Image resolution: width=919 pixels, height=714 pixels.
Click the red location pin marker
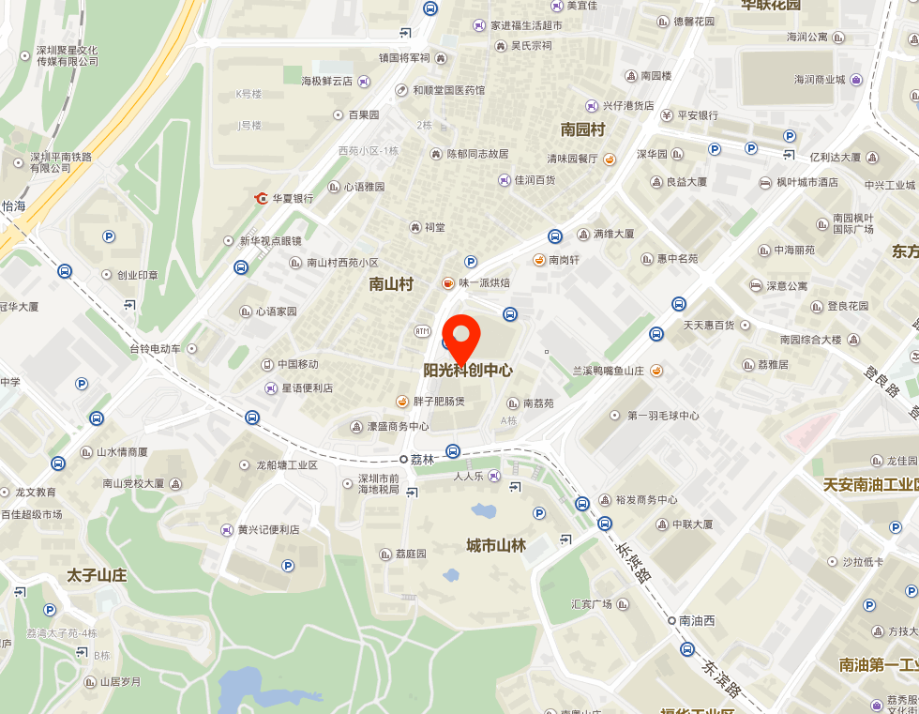pos(460,335)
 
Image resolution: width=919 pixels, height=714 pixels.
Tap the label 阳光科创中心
pos(468,371)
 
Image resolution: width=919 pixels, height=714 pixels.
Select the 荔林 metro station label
pos(423,460)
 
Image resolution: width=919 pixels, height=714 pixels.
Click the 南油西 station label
pos(697,620)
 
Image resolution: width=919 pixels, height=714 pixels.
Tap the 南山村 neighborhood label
pos(391,283)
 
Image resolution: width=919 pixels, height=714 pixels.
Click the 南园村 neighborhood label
pos(582,129)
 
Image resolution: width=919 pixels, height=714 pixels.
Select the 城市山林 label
pos(496,546)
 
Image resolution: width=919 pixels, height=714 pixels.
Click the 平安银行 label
pos(697,115)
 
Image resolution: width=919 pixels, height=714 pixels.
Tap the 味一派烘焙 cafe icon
pos(448,282)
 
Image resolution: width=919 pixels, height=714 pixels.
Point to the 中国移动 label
pos(297,364)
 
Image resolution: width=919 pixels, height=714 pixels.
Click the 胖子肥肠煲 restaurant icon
pos(402,402)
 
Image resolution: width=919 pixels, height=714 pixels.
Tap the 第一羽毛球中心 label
pos(663,416)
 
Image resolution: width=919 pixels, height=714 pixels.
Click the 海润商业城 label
pos(820,80)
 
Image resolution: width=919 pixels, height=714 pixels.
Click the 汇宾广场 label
pos(592,603)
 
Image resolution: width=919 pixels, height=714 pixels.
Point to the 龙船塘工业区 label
pos(287,464)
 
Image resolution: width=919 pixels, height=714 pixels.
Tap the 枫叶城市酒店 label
pos(806,182)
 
